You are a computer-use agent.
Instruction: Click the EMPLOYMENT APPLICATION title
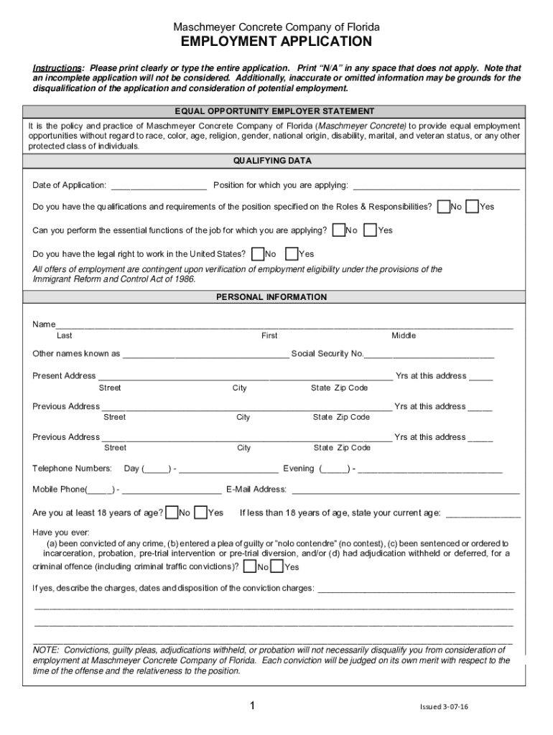pyautogui.click(x=276, y=42)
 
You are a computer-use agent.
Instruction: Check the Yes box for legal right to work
pyautogui.click(x=292, y=253)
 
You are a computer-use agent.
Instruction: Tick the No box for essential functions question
pyautogui.click(x=338, y=230)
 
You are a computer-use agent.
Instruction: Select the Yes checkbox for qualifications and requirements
pyautogui.click(x=472, y=207)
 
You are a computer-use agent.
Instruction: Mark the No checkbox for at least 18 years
pyautogui.click(x=172, y=512)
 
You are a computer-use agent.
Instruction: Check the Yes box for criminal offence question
pyautogui.click(x=278, y=567)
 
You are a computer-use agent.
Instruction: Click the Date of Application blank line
pyautogui.click(x=159, y=187)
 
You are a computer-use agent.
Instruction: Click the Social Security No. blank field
pyautogui.click(x=429, y=355)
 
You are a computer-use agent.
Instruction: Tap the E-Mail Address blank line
pyautogui.click(x=404, y=490)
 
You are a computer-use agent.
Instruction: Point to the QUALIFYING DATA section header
pyautogui.click(x=276, y=161)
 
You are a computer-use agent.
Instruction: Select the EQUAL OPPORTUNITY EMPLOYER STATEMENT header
pyautogui.click(x=276, y=111)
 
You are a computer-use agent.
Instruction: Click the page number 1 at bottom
pyautogui.click(x=252, y=706)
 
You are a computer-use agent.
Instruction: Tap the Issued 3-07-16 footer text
pyautogui.click(x=444, y=707)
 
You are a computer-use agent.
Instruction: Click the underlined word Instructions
pyautogui.click(x=58, y=68)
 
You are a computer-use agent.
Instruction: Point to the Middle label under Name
pyautogui.click(x=403, y=336)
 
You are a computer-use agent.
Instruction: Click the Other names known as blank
pyautogui.click(x=205, y=355)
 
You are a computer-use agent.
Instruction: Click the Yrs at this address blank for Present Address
pyautogui.click(x=481, y=377)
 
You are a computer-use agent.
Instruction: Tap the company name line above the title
pyautogui.click(x=276, y=27)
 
